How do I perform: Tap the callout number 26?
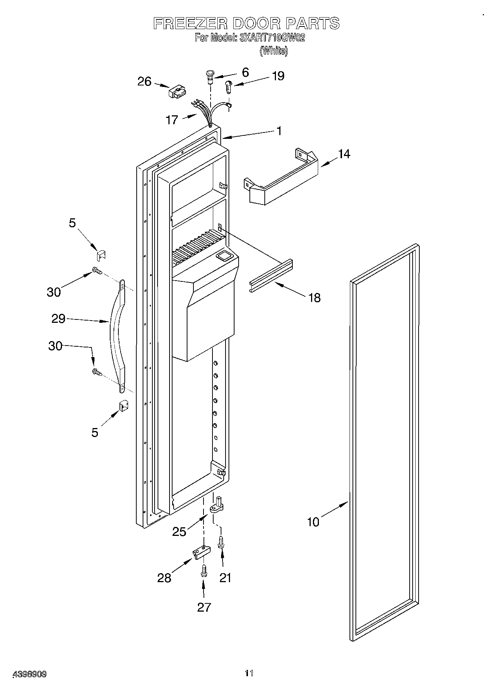pos(144,81)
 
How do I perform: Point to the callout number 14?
pos(344,154)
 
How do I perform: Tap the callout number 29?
pos(58,319)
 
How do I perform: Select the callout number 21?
pos(225,578)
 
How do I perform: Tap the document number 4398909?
pos(29,674)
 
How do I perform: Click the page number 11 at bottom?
pos(249,673)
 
